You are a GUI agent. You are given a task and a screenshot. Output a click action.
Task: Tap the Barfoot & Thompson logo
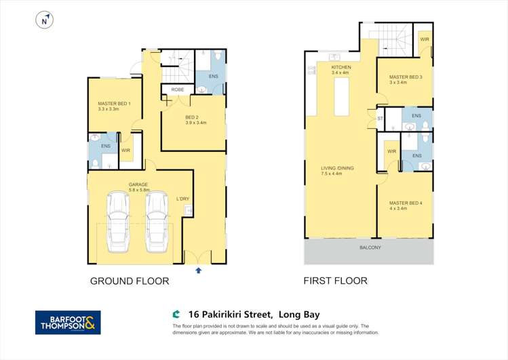[68, 322]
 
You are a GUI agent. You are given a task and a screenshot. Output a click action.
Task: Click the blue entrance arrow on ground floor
[198, 270]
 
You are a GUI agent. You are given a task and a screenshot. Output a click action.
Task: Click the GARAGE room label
[138, 184]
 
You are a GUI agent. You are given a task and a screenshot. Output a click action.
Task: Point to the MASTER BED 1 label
[114, 103]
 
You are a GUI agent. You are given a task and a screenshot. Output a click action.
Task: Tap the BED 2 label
[192, 117]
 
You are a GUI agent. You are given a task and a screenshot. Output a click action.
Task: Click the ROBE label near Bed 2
[178, 89]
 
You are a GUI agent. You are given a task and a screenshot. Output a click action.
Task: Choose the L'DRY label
[182, 199]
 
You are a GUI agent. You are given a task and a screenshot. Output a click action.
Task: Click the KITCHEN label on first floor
[341, 67]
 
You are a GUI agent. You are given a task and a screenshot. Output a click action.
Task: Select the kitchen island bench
[342, 94]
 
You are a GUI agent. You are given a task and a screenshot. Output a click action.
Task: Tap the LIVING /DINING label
[337, 168]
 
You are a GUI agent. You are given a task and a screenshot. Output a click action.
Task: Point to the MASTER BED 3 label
[406, 77]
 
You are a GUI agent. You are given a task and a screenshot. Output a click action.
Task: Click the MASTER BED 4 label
[406, 203]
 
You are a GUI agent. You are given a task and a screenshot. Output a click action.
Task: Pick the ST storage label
[380, 119]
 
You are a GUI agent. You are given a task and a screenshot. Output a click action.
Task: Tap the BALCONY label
[370, 247]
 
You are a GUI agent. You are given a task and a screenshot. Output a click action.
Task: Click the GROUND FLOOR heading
[130, 281]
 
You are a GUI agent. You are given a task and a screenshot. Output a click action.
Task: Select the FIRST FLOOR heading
[336, 281]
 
